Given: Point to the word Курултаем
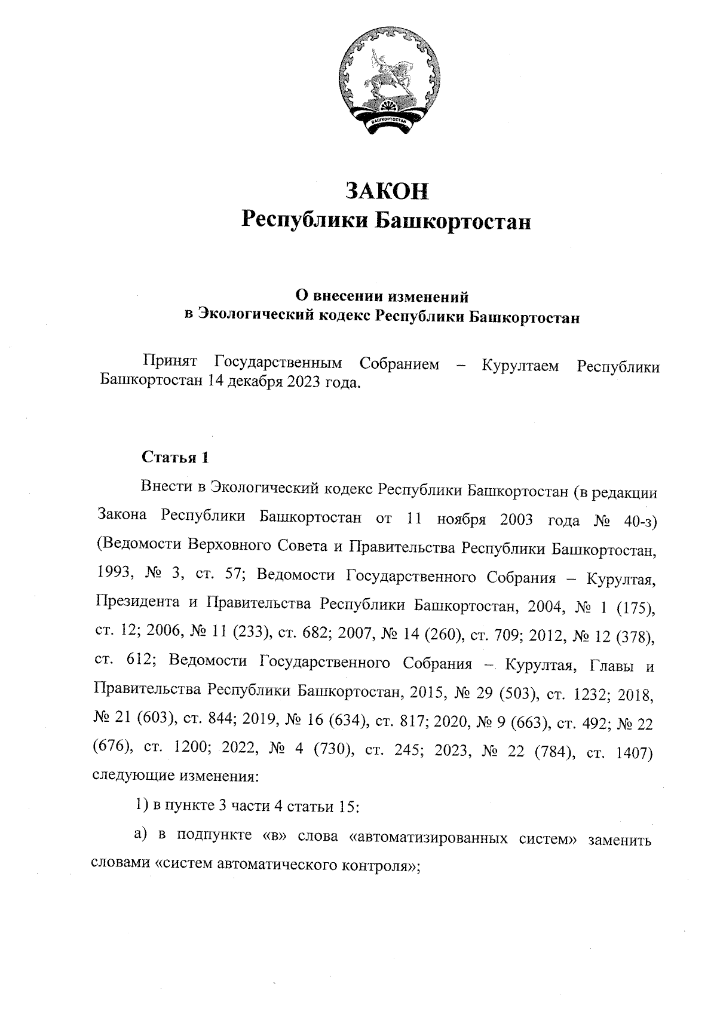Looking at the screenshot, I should coord(520,365).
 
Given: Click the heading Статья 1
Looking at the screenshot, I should coord(175,457).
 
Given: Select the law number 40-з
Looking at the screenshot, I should coord(639,520).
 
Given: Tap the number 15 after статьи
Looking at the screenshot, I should coord(348,808).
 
